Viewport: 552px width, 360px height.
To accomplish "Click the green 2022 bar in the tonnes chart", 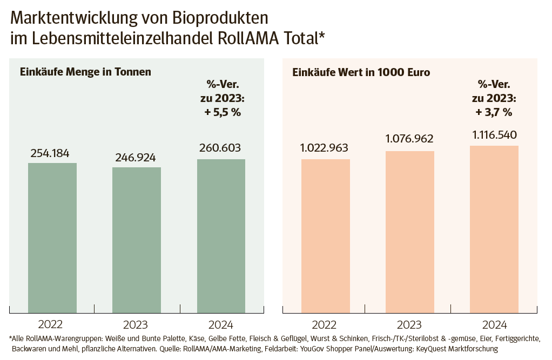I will click(52, 237).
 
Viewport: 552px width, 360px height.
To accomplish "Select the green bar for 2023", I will click(137, 240).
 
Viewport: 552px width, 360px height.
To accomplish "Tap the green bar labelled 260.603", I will click(221, 236).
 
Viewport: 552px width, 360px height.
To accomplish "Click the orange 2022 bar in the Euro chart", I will click(325, 236).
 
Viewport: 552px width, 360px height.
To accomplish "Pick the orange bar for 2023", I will click(409, 232).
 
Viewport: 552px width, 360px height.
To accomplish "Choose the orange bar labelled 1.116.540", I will click(494, 229).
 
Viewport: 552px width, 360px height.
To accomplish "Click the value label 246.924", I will click(136, 158).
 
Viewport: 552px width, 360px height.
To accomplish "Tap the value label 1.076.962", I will click(409, 139).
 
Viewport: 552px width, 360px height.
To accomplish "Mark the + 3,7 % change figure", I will click(494, 112).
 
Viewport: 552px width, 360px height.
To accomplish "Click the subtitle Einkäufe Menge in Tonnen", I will click(85, 72).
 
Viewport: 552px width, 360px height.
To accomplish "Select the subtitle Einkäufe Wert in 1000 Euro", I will click(361, 72).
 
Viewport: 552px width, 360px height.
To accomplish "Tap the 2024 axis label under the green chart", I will click(220, 324).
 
